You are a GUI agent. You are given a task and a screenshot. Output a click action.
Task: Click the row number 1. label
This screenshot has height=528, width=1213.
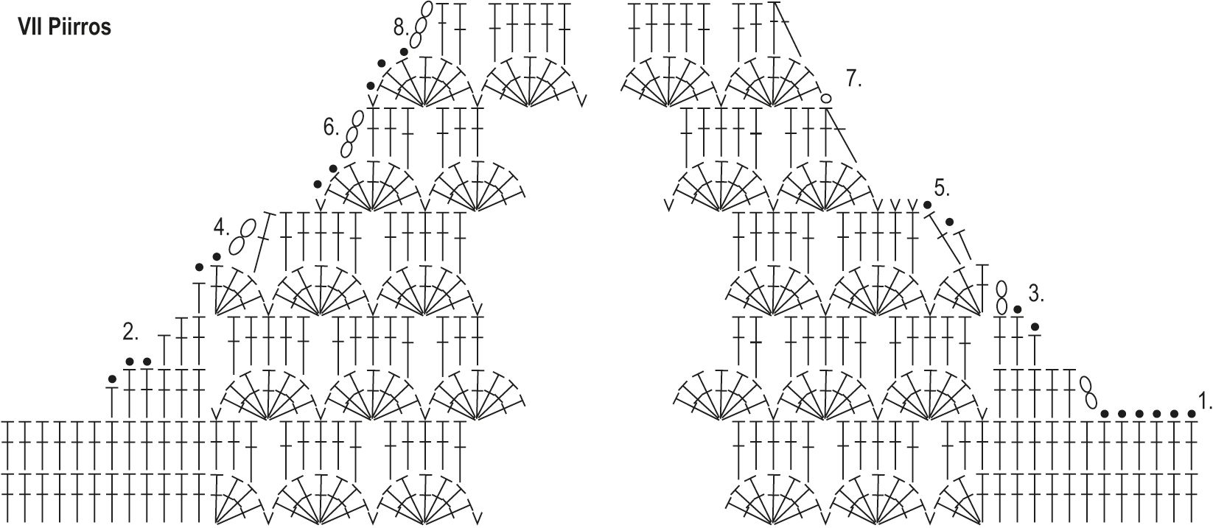click(1205, 402)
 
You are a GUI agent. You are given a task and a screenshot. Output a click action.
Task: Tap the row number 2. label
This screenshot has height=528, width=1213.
click(130, 332)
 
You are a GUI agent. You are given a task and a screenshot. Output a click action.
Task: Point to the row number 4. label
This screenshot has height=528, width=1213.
click(222, 228)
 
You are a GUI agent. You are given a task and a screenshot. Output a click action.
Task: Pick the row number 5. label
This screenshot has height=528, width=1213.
click(942, 187)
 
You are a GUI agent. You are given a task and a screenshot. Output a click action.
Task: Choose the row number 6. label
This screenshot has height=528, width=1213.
click(331, 127)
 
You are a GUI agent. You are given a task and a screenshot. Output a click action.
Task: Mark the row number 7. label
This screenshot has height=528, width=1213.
click(854, 78)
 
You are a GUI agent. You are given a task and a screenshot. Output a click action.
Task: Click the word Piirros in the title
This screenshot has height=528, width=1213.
click(80, 28)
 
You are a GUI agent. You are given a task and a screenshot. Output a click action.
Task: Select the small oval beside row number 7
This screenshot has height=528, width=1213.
click(826, 98)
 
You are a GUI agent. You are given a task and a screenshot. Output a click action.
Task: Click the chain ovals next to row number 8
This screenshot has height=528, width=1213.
click(420, 24)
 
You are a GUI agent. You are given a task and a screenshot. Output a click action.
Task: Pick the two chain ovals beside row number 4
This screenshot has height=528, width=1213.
click(244, 235)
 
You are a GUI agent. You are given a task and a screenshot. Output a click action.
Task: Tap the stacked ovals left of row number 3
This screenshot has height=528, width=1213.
click(1001, 296)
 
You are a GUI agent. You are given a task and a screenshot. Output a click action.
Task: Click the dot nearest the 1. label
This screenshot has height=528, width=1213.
click(1192, 414)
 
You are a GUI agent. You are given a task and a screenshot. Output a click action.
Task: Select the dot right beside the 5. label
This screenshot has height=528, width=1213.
click(927, 205)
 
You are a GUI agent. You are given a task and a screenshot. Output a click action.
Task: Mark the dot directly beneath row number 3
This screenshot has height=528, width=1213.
click(1035, 326)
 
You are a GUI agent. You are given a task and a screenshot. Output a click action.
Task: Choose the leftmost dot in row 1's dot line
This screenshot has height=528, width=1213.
click(1104, 414)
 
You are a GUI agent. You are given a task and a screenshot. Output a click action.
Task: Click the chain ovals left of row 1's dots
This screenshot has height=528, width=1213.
click(1088, 393)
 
